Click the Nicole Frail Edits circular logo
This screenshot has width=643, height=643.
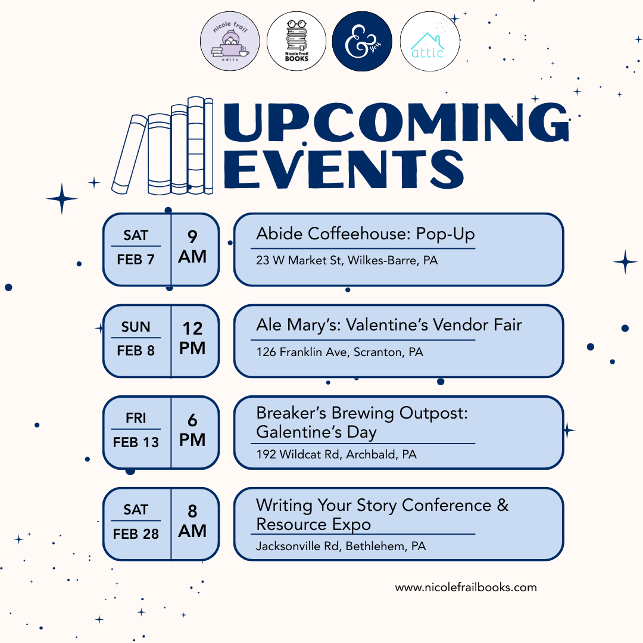pyautogui.click(x=230, y=41)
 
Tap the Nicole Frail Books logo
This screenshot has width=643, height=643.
pyautogui.click(x=296, y=41)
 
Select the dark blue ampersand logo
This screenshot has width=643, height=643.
pyautogui.click(x=362, y=41)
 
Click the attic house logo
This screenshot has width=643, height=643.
pyautogui.click(x=429, y=41)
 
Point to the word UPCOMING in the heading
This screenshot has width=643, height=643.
pyautogui.click(x=396, y=121)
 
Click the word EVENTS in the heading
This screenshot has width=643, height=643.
pyautogui.click(x=344, y=169)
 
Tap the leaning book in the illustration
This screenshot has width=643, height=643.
pyautogui.click(x=129, y=154)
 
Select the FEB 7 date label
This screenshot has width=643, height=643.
pyautogui.click(x=136, y=260)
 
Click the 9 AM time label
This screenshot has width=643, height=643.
pyautogui.click(x=192, y=247)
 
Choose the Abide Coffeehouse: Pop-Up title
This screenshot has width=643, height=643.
pyautogui.click(x=366, y=234)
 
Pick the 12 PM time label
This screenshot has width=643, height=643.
pyautogui.click(x=192, y=338)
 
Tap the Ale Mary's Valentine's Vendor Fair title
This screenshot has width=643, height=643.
pyautogui.click(x=389, y=325)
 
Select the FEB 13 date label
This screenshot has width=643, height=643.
pyautogui.click(x=136, y=442)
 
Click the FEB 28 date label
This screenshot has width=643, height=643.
pyautogui.click(x=136, y=534)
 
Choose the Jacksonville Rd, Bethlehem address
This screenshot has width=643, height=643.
pyautogui.click(x=341, y=546)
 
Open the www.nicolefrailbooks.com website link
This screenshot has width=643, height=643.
pyautogui.click(x=466, y=588)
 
